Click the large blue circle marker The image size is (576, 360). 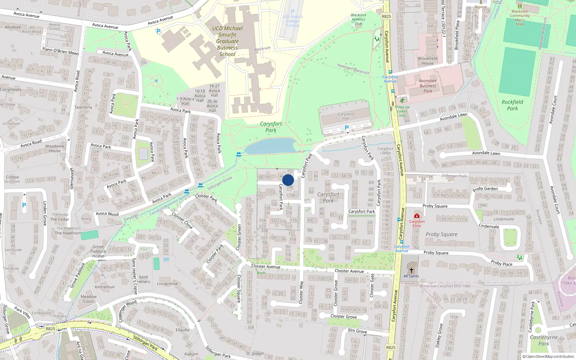(288, 180)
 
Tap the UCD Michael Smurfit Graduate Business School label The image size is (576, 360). (227, 41)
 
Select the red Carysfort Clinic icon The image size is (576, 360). (417, 216)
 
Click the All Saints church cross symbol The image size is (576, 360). (411, 270)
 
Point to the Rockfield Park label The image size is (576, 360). (512, 105)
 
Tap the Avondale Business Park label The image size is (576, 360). (428, 86)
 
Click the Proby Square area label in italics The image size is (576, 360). (441, 234)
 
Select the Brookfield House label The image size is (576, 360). (428, 61)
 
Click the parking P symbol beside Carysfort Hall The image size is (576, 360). (347, 128)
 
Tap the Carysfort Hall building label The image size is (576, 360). (346, 116)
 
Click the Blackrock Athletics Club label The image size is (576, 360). (359, 19)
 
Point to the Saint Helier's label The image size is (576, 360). (143, 279)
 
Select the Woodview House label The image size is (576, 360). (55, 148)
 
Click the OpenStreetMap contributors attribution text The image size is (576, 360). (548, 356)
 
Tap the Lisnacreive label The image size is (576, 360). (167, 284)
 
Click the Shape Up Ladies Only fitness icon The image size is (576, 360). (402, 100)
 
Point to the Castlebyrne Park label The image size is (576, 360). (544, 340)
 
